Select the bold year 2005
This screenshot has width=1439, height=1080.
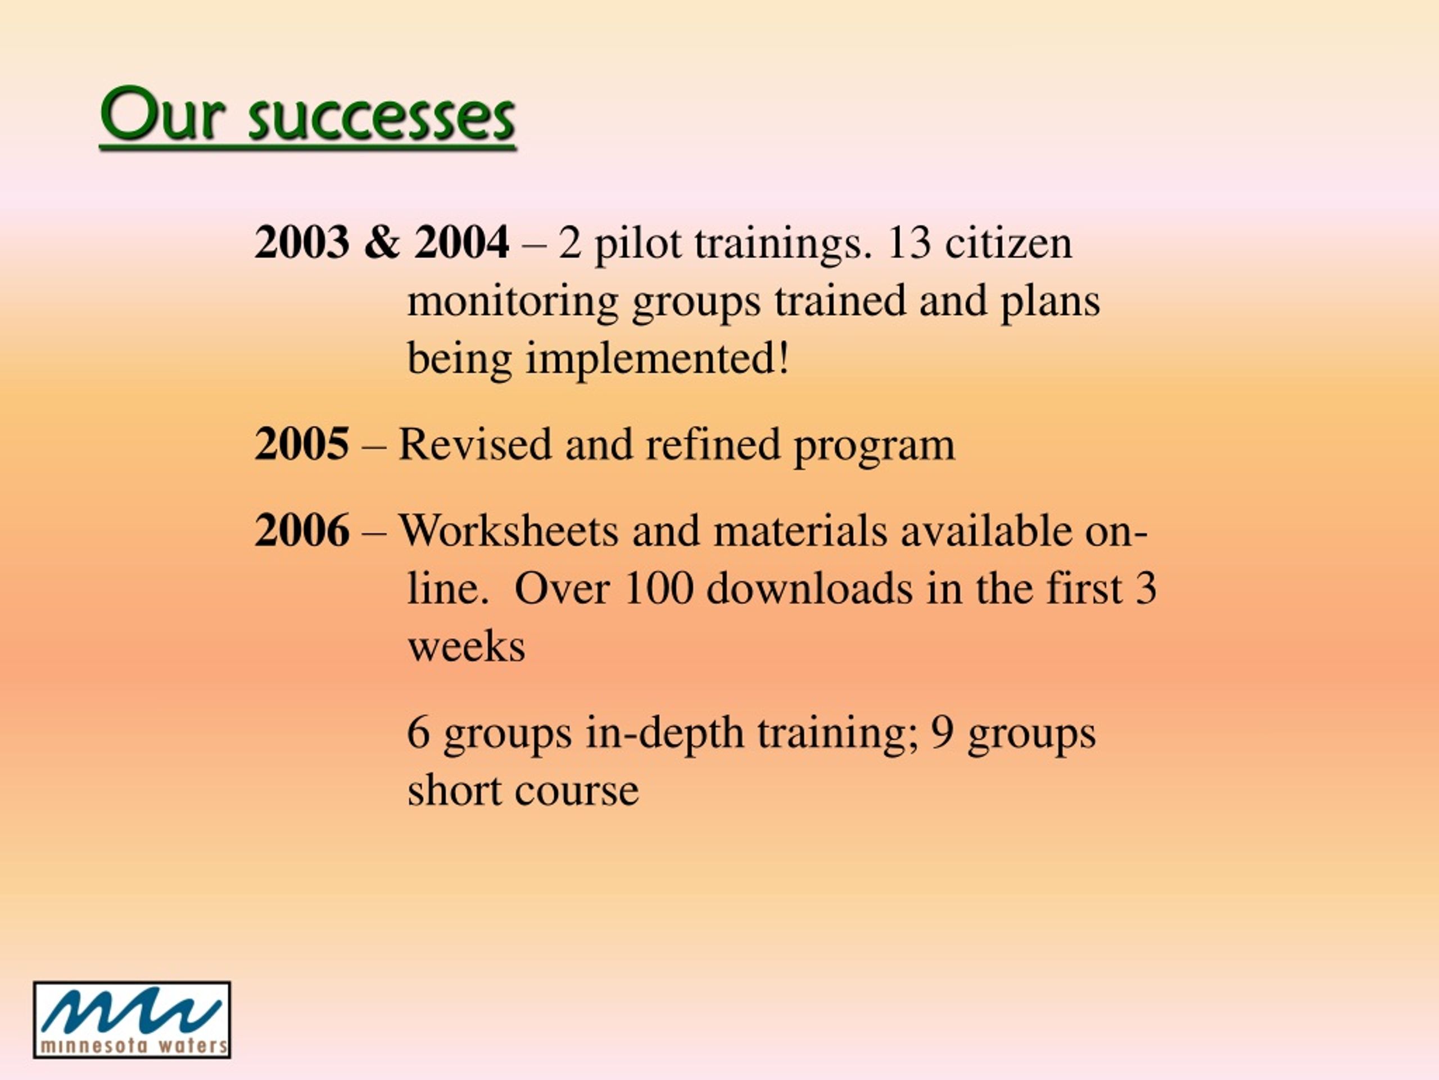[302, 444]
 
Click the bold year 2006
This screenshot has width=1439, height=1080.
[302, 530]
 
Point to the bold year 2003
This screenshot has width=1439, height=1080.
[302, 242]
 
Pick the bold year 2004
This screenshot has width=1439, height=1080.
[462, 242]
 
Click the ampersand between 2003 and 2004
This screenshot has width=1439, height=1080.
[382, 242]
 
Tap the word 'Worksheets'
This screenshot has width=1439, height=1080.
[508, 530]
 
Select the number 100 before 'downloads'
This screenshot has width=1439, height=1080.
[658, 588]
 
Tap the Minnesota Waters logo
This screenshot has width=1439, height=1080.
[132, 1019]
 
